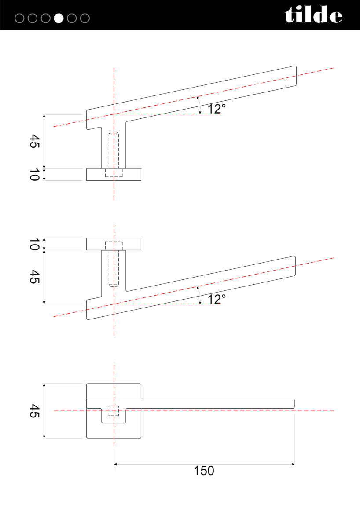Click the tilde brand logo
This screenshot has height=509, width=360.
pyautogui.click(x=314, y=15)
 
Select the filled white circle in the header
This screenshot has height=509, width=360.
pyautogui.click(x=59, y=18)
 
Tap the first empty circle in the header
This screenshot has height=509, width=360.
pyautogui.click(x=19, y=18)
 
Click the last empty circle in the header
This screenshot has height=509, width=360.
pyautogui.click(x=85, y=18)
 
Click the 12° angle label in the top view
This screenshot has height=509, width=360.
pyautogui.click(x=217, y=109)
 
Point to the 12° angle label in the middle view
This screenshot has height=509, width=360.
pyautogui.click(x=217, y=299)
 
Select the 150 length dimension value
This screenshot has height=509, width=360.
pyautogui.click(x=204, y=471)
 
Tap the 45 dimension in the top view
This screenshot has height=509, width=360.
pyautogui.click(x=34, y=141)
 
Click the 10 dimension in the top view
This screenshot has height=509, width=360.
pyautogui.click(x=34, y=175)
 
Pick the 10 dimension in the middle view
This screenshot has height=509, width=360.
pyautogui.click(x=34, y=244)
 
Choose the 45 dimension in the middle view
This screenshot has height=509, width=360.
pyautogui.click(x=34, y=277)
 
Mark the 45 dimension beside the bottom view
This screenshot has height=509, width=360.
pyautogui.click(x=34, y=411)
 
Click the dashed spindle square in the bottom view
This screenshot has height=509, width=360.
pyautogui.click(x=114, y=411)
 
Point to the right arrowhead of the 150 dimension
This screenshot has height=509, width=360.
pyautogui.click(x=293, y=464)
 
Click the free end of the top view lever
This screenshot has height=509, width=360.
pyautogui.click(x=296, y=76)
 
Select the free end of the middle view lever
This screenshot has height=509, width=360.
pyautogui.click(x=295, y=266)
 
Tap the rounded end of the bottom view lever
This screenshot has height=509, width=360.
pyautogui.click(x=294, y=403)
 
